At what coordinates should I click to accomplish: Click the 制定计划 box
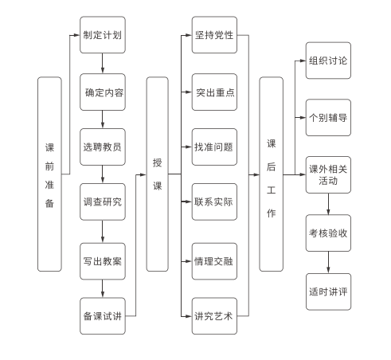click(103, 35)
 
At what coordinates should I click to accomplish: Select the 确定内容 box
click(103, 92)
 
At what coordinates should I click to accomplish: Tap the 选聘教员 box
click(103, 147)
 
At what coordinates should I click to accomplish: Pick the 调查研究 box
click(103, 202)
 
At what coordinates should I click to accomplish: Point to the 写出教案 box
click(103, 261)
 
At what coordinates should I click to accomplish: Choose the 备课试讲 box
click(103, 316)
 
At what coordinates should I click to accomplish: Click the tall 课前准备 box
click(49, 174)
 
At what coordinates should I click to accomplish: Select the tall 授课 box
click(158, 174)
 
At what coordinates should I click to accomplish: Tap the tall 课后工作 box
click(271, 174)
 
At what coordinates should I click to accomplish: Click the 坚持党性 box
click(214, 35)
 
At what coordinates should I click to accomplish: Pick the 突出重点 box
click(214, 92)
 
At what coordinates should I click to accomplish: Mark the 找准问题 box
click(214, 147)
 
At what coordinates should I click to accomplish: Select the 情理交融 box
click(214, 261)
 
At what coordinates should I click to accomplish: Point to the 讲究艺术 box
click(214, 316)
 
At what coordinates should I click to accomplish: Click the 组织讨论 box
click(328, 61)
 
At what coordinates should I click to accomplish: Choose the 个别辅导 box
click(328, 118)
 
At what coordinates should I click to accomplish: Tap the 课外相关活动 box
click(328, 174)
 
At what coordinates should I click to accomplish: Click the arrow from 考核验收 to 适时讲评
click(328, 262)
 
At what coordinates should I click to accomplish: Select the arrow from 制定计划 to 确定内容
click(103, 64)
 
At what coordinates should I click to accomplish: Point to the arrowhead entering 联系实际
click(189, 202)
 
